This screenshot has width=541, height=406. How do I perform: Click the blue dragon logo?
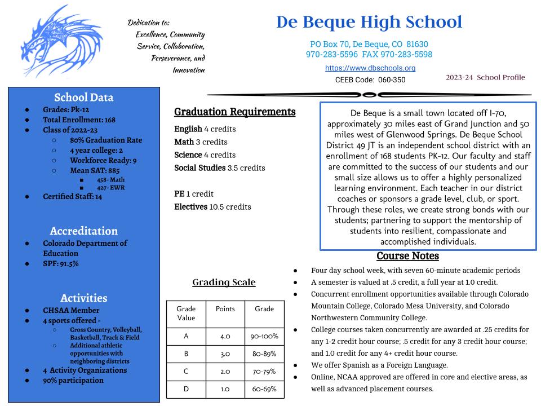click(54, 41)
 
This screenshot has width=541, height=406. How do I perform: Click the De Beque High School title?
click(369, 23)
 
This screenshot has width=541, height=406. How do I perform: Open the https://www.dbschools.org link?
click(370, 68)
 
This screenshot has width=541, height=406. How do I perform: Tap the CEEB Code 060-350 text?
click(370, 80)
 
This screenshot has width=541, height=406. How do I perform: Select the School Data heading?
click(83, 97)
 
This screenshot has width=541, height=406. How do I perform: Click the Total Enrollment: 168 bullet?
click(79, 120)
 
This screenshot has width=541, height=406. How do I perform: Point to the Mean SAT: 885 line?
click(95, 170)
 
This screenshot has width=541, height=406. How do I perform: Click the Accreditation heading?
click(83, 231)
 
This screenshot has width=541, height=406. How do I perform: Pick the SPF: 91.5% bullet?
click(61, 263)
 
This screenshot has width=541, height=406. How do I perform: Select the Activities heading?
click(83, 298)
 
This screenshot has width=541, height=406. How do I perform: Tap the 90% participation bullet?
click(73, 380)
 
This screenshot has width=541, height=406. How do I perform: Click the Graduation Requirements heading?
click(234, 112)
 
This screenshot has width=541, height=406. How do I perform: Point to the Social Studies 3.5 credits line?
click(219, 167)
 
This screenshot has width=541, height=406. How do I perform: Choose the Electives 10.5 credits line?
click(212, 207)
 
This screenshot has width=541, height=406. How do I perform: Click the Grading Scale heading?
click(224, 282)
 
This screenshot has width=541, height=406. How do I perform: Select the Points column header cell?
click(225, 309)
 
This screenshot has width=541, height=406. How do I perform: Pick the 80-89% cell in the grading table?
click(264, 354)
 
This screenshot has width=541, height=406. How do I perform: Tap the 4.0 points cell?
click(225, 336)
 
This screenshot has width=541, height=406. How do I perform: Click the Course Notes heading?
click(407, 256)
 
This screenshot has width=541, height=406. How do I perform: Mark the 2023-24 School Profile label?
click(485, 77)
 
